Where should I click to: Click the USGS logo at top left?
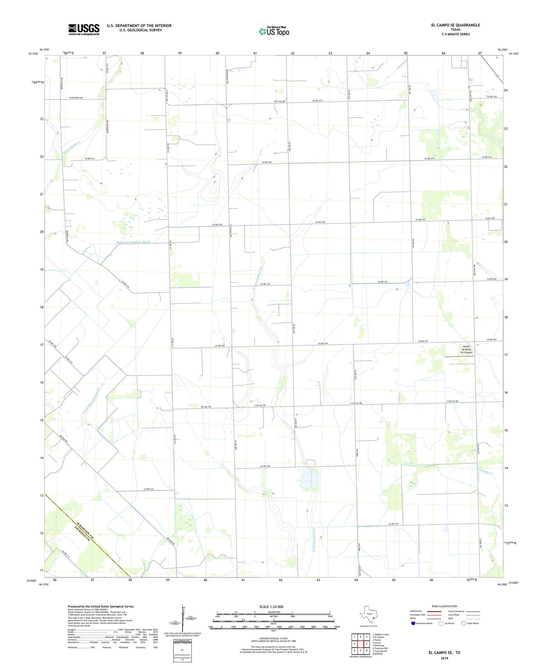tap(84, 29)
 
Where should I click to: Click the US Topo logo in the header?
tap(274, 31)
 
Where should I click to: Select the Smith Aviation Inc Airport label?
tap(466, 349)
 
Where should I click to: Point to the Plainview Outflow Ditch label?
tap(133, 242)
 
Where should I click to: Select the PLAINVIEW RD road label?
tap(76, 98)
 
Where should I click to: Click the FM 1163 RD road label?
tap(280, 101)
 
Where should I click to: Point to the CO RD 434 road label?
tap(393, 524)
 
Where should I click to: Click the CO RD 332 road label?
tap(148, 489)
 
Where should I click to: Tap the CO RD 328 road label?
tap(265, 466)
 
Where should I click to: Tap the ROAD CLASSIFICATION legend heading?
tap(444, 606)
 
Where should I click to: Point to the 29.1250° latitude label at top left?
tap(33, 54)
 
